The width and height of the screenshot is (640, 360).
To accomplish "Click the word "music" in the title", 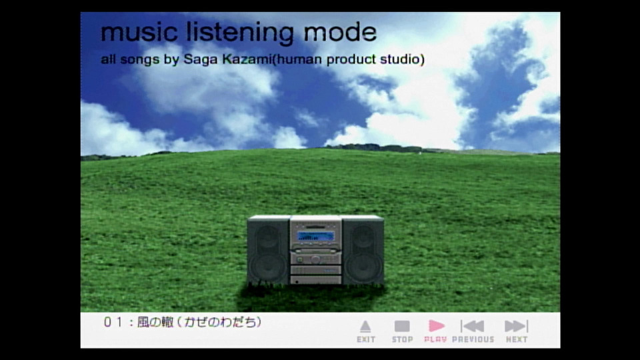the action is (x=139, y=32).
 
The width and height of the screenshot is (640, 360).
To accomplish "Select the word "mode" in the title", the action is (x=340, y=32).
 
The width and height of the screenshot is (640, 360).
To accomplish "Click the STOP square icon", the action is (x=402, y=326).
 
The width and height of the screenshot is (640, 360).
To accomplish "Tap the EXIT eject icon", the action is (x=365, y=327).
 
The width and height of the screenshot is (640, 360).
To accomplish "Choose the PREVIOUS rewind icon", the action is (x=473, y=326).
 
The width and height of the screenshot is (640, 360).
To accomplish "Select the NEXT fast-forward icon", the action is (x=516, y=326).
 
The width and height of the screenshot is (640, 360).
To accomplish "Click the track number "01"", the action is (x=113, y=322).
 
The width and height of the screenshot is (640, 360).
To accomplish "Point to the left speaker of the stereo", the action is (x=268, y=250).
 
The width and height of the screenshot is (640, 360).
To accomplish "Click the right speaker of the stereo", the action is (x=363, y=250).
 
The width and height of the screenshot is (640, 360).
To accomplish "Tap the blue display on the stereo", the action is (x=315, y=236).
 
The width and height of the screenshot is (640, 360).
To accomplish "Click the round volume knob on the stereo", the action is (x=315, y=259).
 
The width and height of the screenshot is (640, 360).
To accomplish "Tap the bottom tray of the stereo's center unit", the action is (x=315, y=279).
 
